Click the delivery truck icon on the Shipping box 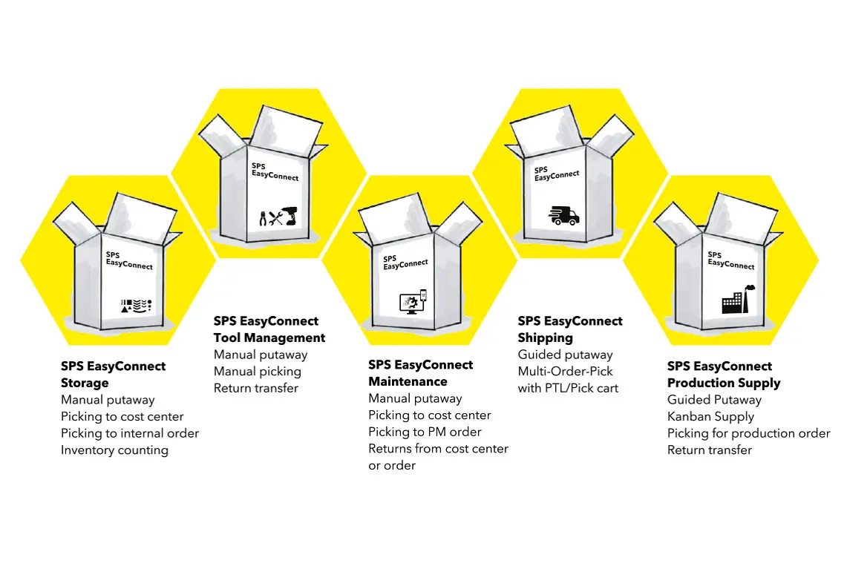(563, 215)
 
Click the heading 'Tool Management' (269, 338)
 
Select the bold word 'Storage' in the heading (85, 383)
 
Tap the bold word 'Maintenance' (408, 381)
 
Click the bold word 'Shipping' (545, 338)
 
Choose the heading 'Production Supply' (724, 383)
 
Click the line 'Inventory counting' (114, 450)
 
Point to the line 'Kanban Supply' (710, 416)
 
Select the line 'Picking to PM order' (425, 432)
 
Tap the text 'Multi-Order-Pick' (566, 371)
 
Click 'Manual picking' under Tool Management (258, 371)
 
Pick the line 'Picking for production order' (748, 433)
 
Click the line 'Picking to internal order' (130, 433)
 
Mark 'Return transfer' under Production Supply (710, 450)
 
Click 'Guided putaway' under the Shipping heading (565, 355)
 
